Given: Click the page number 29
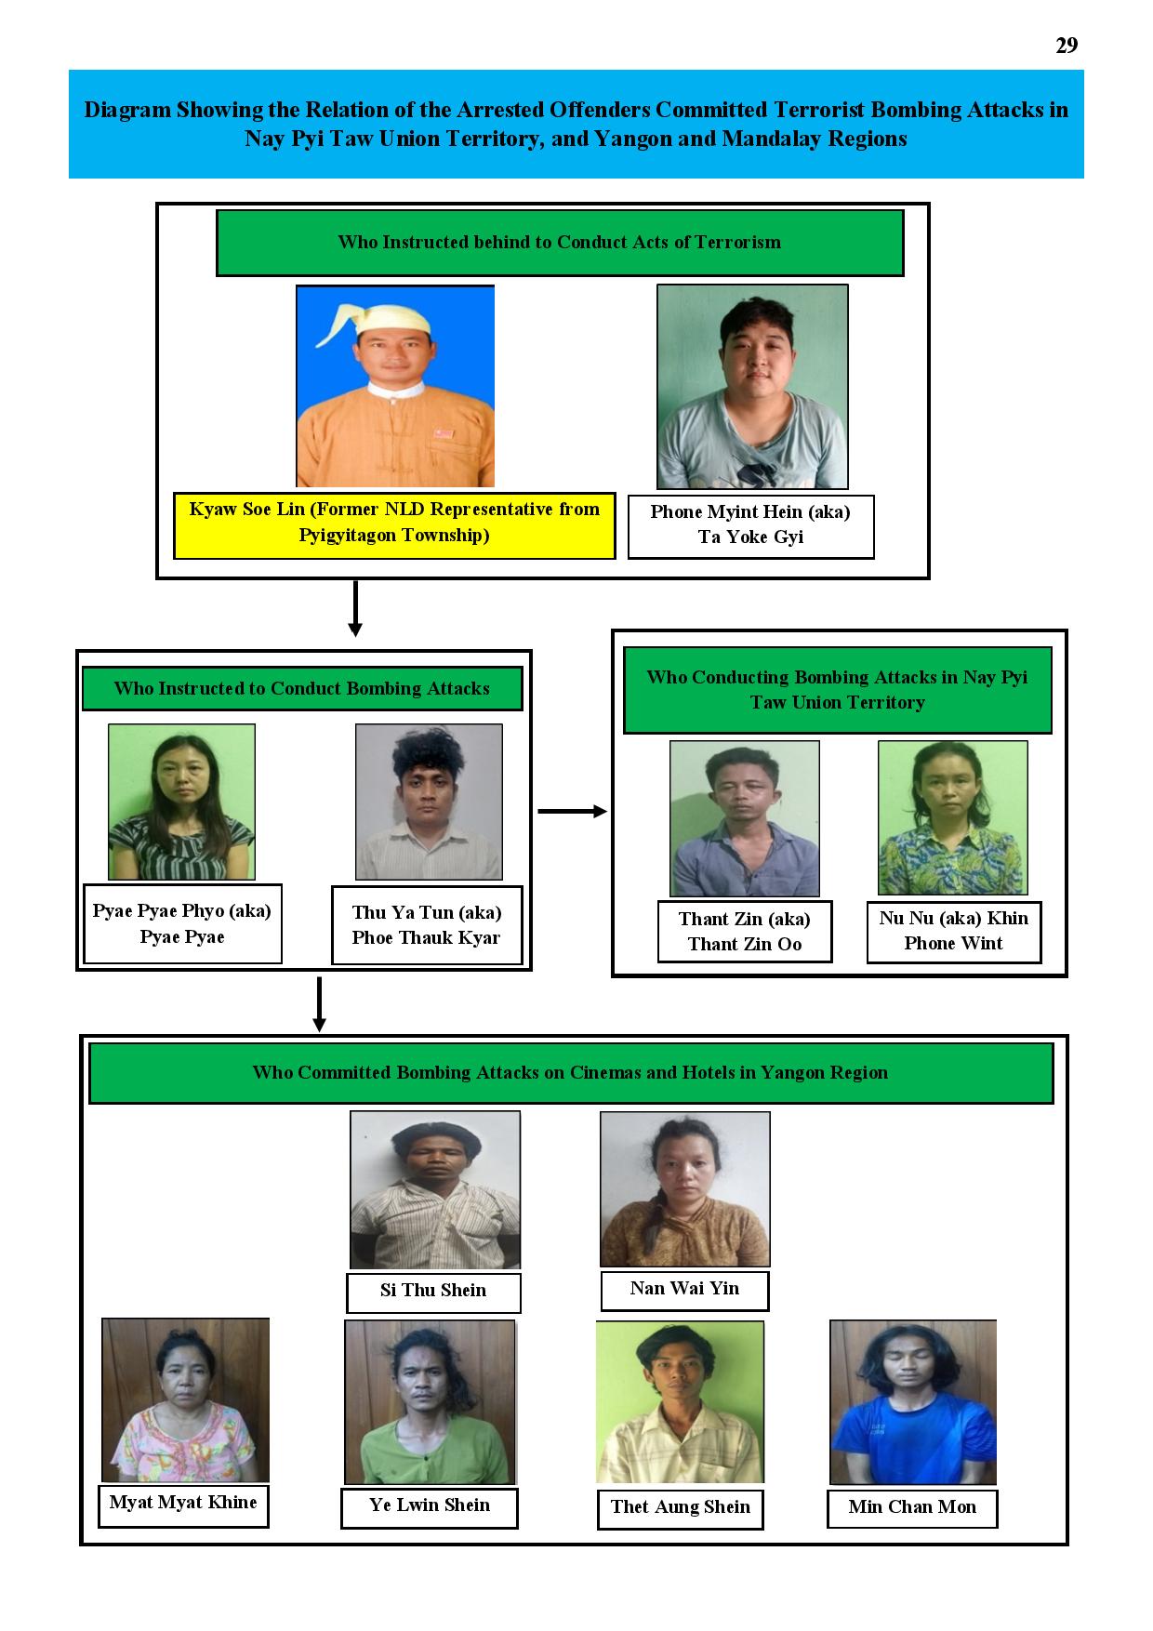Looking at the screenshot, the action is coord(1067,46).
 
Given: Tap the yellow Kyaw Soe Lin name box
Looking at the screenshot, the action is coord(394,525).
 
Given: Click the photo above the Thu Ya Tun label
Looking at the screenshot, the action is coord(429,802).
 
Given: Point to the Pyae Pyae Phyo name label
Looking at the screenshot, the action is coord(182,923).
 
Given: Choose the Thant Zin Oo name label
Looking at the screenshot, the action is coord(744,931).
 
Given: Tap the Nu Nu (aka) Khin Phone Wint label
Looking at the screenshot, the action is coord(953,931).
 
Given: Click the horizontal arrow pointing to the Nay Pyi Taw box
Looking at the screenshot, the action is coord(572,811).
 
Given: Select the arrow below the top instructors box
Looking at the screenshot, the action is coord(354,609).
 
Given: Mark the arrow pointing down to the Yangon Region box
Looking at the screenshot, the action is coord(319,1004).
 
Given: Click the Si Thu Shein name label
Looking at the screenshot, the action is coord(433,1292).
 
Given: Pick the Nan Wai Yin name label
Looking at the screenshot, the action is coord(684,1290).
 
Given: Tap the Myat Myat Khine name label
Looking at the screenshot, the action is coord(183,1505).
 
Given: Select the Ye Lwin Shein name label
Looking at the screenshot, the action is coord(430,1507).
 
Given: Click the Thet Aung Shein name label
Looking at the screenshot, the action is coord(680,1509).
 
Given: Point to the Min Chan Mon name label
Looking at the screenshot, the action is coord(912,1508).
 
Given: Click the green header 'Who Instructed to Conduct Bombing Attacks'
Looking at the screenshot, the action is coord(302,689).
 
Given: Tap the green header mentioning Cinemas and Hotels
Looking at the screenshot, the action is coord(571,1073).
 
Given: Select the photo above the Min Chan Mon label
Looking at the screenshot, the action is coord(913,1402).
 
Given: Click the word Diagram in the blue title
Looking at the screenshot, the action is coord(127,111).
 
